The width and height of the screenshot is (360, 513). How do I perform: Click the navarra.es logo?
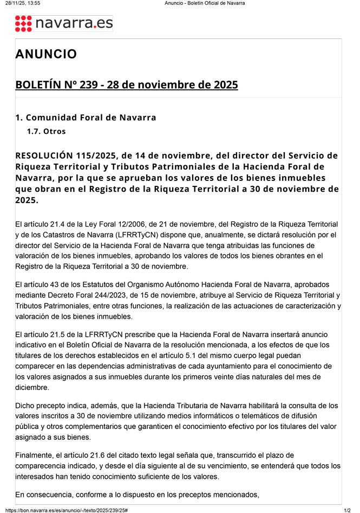point(64,23)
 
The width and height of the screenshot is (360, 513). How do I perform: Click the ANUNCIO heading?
point(46,54)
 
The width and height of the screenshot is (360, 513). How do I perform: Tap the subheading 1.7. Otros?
point(47,131)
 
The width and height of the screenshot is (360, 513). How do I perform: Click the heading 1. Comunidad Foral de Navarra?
point(86,118)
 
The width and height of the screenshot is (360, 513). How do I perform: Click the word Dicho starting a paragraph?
point(25,406)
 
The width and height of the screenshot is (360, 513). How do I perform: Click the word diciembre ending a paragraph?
point(33,387)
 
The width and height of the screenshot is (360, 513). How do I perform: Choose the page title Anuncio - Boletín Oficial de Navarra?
point(205,3)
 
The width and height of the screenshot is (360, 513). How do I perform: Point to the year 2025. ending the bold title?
point(27,200)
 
